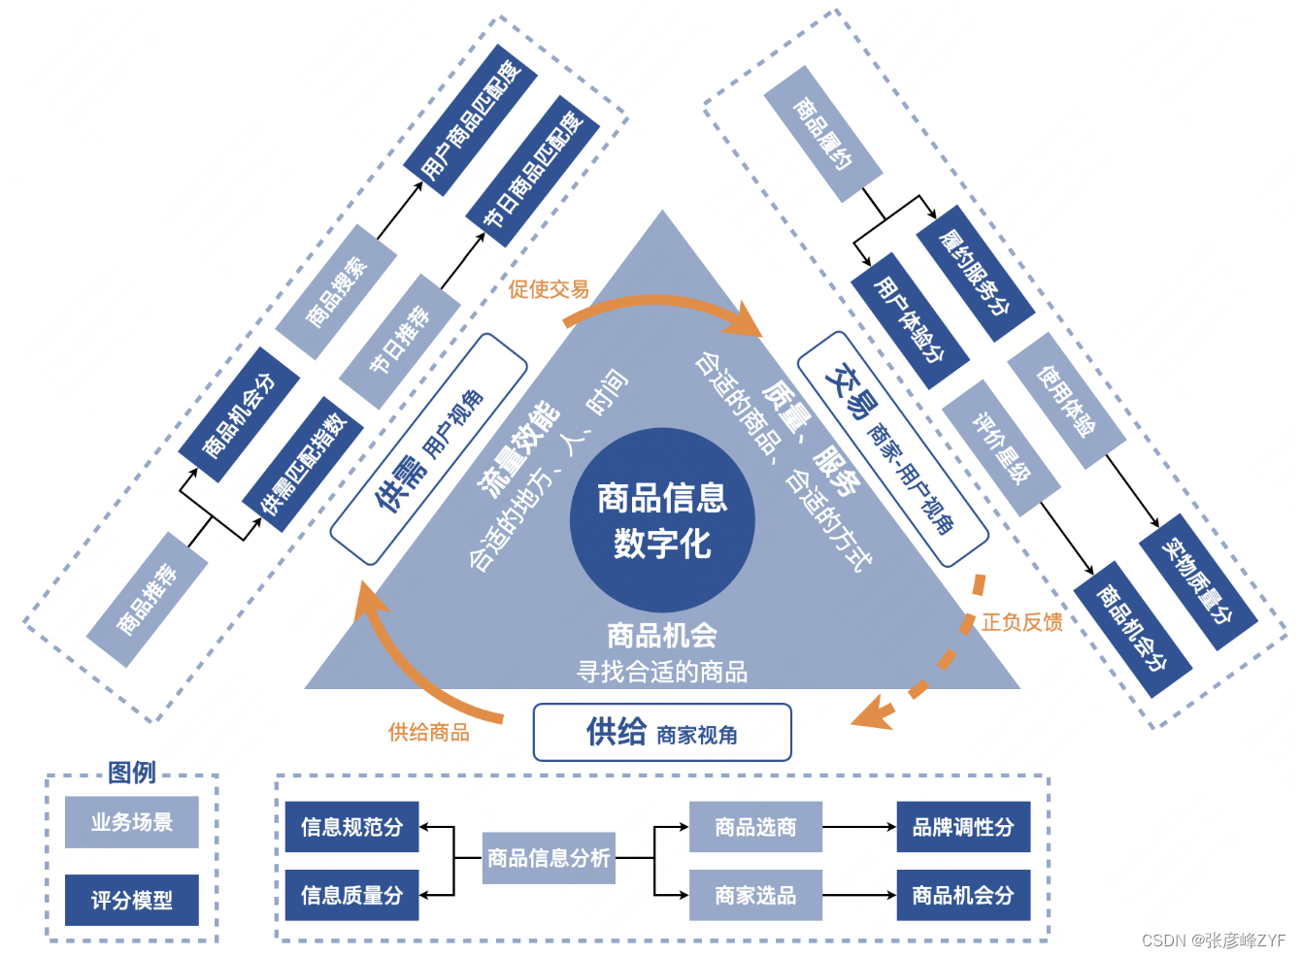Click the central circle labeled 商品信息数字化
click(662, 520)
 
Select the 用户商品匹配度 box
click(471, 120)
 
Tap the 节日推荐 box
click(399, 341)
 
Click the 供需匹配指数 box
click(303, 464)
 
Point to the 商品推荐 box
click(147, 599)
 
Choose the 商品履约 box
click(822, 134)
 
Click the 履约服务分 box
click(975, 273)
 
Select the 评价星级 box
click(1001, 447)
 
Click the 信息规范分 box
click(351, 827)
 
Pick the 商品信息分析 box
click(549, 858)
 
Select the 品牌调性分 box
click(962, 827)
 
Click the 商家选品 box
click(755, 895)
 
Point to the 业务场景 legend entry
click(132, 822)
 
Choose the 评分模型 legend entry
click(132, 901)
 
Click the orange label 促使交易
click(549, 289)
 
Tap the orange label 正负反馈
click(1021, 622)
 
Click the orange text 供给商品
click(428, 733)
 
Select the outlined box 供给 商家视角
click(662, 732)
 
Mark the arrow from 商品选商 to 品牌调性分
click(859, 827)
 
